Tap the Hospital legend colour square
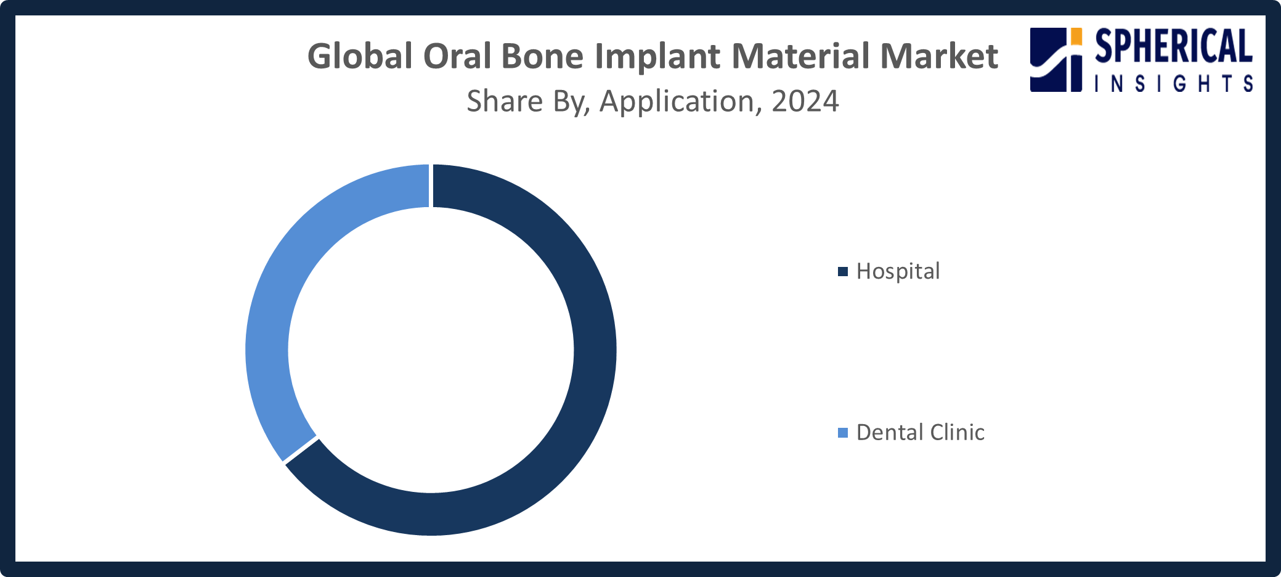(843, 271)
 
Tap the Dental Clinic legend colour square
(843, 433)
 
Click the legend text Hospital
(898, 271)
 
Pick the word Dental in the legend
(890, 433)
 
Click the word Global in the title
(360, 56)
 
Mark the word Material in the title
(801, 56)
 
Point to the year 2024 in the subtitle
(805, 101)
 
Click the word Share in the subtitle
(505, 101)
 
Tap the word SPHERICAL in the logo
(1173, 46)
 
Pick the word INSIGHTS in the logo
(1173, 83)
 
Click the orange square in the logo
(1076, 36)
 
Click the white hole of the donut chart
(431, 350)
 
